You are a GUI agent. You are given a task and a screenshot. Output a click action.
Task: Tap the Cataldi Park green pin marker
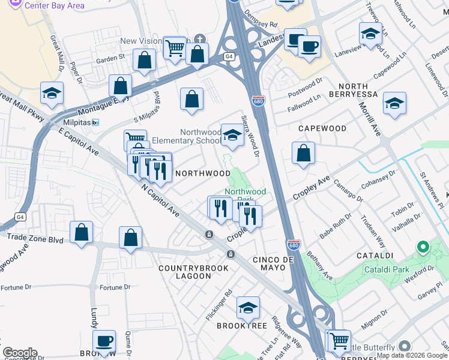pyautogui.click(x=423, y=247)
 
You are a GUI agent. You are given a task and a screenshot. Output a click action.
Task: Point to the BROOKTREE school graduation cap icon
pyautogui.click(x=247, y=308)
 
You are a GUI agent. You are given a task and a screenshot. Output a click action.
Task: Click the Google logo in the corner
pyautogui.click(x=20, y=353)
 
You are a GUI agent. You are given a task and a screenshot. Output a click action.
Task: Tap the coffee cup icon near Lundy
pyautogui.click(x=104, y=341)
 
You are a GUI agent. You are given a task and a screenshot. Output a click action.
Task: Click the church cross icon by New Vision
pyautogui.click(x=199, y=40)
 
